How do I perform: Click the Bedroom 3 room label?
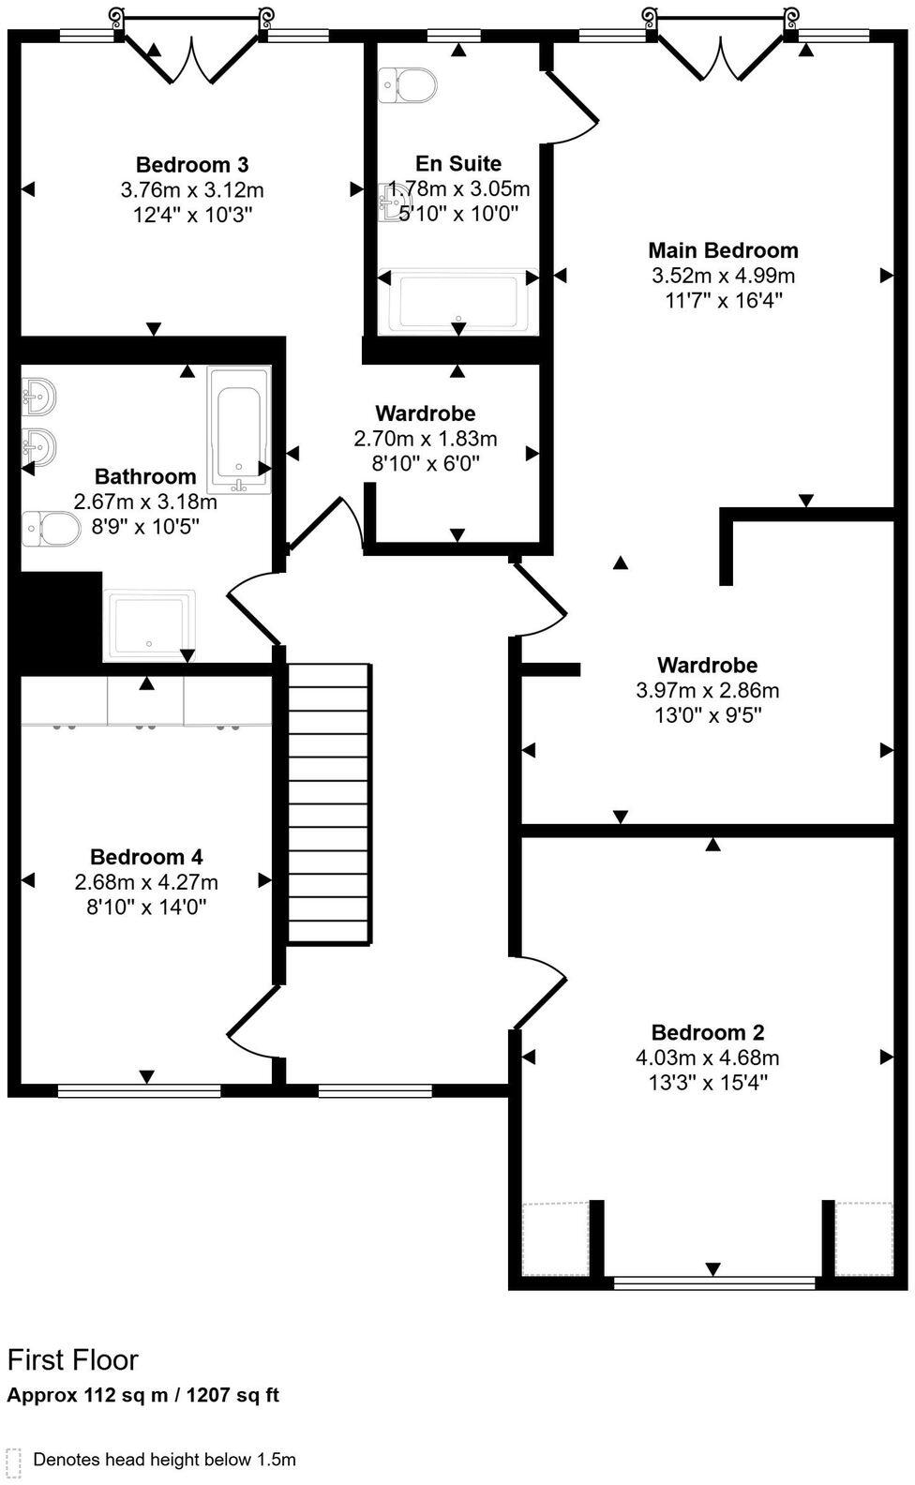pyautogui.click(x=191, y=165)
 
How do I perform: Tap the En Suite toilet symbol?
pyautogui.click(x=407, y=85)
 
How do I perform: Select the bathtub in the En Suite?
pyautogui.click(x=458, y=302)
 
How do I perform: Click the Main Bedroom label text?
pyautogui.click(x=723, y=250)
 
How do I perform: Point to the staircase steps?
pyautogui.click(x=328, y=803)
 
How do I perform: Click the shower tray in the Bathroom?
pyautogui.click(x=150, y=623)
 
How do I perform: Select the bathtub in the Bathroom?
pyautogui.click(x=240, y=428)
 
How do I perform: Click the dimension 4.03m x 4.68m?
pyautogui.click(x=707, y=1057)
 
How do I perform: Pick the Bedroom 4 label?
pyautogui.click(x=146, y=857)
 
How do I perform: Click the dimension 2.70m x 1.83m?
pyautogui.click(x=425, y=439)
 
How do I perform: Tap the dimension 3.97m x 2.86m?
pyautogui.click(x=707, y=691)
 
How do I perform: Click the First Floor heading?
pyautogui.click(x=73, y=1359)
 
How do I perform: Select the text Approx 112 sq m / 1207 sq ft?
pyautogui.click(x=143, y=1395)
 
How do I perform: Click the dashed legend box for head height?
pyautogui.click(x=13, y=1461)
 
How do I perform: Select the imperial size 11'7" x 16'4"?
pyautogui.click(x=723, y=301)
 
